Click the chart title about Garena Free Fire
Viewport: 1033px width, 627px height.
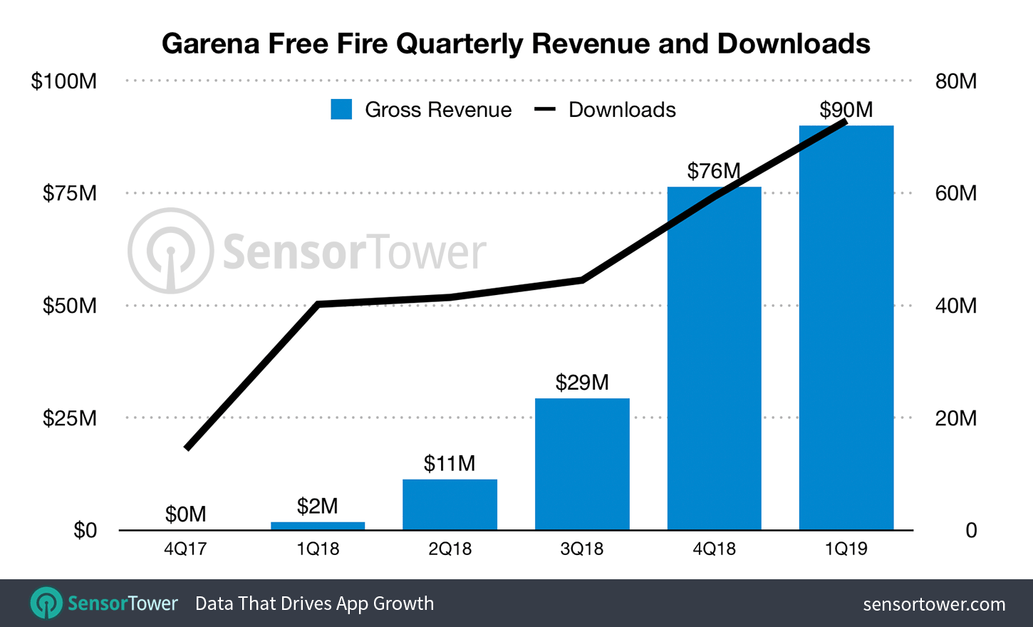click(516, 43)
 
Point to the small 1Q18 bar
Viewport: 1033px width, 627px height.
click(318, 526)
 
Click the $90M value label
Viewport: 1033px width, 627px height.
click(846, 109)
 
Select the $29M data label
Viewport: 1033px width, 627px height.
click(582, 383)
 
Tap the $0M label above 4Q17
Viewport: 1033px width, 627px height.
click(185, 514)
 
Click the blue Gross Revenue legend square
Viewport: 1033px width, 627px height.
click(341, 109)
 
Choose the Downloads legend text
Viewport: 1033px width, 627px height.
click(622, 110)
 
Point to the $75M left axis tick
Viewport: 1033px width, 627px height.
click(70, 193)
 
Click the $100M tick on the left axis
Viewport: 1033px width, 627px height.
click(64, 81)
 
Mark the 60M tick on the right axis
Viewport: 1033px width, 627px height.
click(955, 193)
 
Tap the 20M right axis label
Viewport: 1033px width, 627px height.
click(955, 418)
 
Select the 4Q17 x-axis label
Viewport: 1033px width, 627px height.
click(185, 549)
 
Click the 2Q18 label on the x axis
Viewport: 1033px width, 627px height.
click(450, 549)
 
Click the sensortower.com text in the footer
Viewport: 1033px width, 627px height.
click(934, 604)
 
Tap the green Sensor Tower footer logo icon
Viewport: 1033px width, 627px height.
click(46, 603)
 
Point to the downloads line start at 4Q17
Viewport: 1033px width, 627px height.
click(187, 447)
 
